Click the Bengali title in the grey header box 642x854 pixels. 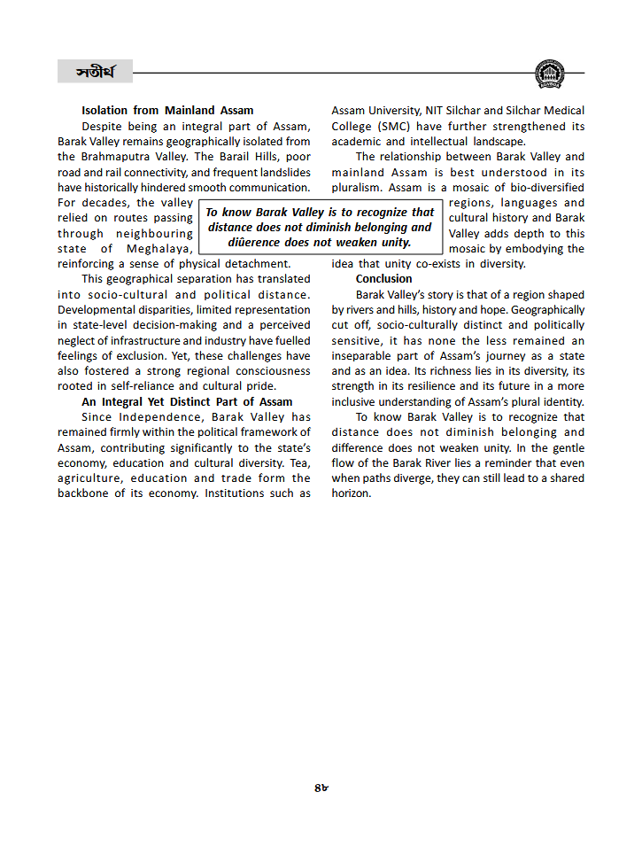95,72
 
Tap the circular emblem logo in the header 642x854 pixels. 549,74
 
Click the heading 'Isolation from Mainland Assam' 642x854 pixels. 167,111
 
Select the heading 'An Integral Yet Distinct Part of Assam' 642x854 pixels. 187,401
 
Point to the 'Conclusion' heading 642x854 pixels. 383,279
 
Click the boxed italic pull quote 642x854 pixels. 320,228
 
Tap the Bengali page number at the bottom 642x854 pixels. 321,788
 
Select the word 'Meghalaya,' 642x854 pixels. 153,249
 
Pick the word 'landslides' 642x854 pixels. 282,172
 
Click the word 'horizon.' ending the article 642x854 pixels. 352,493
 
